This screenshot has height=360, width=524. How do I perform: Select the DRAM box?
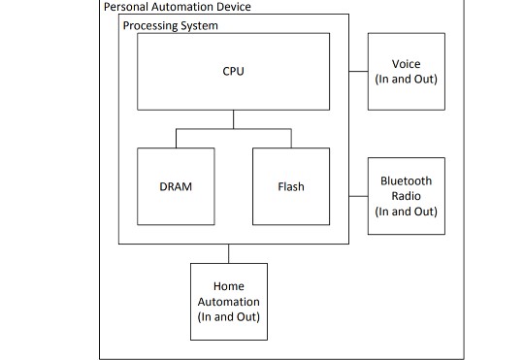[x=176, y=185]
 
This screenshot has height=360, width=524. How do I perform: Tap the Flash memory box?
[x=291, y=185]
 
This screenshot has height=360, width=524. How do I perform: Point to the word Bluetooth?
[x=407, y=181]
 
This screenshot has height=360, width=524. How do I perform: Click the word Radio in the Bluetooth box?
[x=407, y=196]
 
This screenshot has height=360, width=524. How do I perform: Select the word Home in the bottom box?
[x=228, y=286]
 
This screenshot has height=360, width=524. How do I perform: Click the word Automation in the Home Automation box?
[x=228, y=301]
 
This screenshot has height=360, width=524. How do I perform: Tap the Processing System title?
[x=170, y=24]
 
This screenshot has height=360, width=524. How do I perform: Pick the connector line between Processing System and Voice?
[x=358, y=71]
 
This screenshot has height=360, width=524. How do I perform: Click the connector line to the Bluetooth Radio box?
[x=358, y=195]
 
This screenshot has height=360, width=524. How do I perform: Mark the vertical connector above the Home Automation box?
[x=228, y=253]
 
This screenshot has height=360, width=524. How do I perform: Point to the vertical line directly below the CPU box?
[x=233, y=118]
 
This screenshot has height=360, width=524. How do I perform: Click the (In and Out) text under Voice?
[x=407, y=78]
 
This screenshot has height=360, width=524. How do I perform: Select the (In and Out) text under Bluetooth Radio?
[x=407, y=211]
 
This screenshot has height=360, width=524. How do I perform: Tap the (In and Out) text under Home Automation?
[x=228, y=316]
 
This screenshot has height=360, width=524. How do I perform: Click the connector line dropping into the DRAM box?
[x=176, y=138]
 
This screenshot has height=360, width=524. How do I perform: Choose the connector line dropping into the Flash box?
[x=291, y=138]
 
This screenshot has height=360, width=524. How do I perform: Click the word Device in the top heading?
[x=229, y=7]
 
